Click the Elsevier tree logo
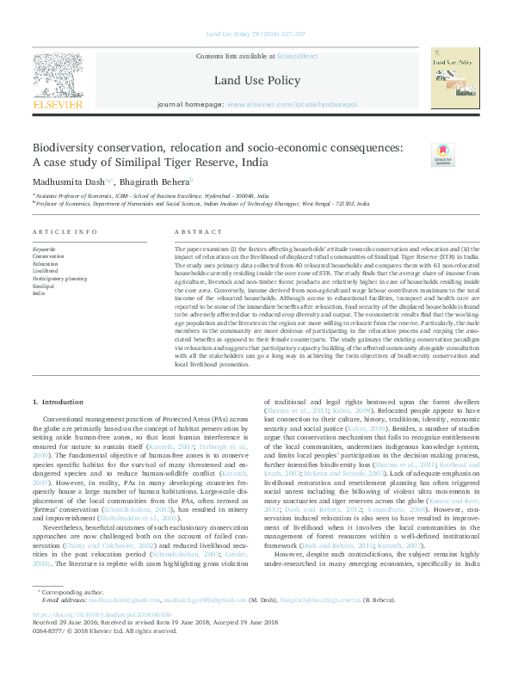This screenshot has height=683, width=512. tap(57, 82)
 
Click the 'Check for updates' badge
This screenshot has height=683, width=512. tap(442, 155)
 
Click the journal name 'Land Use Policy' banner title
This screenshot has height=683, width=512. tap(256, 81)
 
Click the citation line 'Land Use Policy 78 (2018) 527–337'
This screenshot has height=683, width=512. tap(256, 34)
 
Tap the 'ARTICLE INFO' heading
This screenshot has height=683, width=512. tap(65, 233)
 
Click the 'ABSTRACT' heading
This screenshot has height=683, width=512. tap(198, 233)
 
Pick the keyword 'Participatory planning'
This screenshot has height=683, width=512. tap(59, 279)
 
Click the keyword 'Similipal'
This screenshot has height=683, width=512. tap(45, 286)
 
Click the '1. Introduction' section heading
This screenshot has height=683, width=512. tap(59, 402)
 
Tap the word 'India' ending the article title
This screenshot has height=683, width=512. tap(256, 162)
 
